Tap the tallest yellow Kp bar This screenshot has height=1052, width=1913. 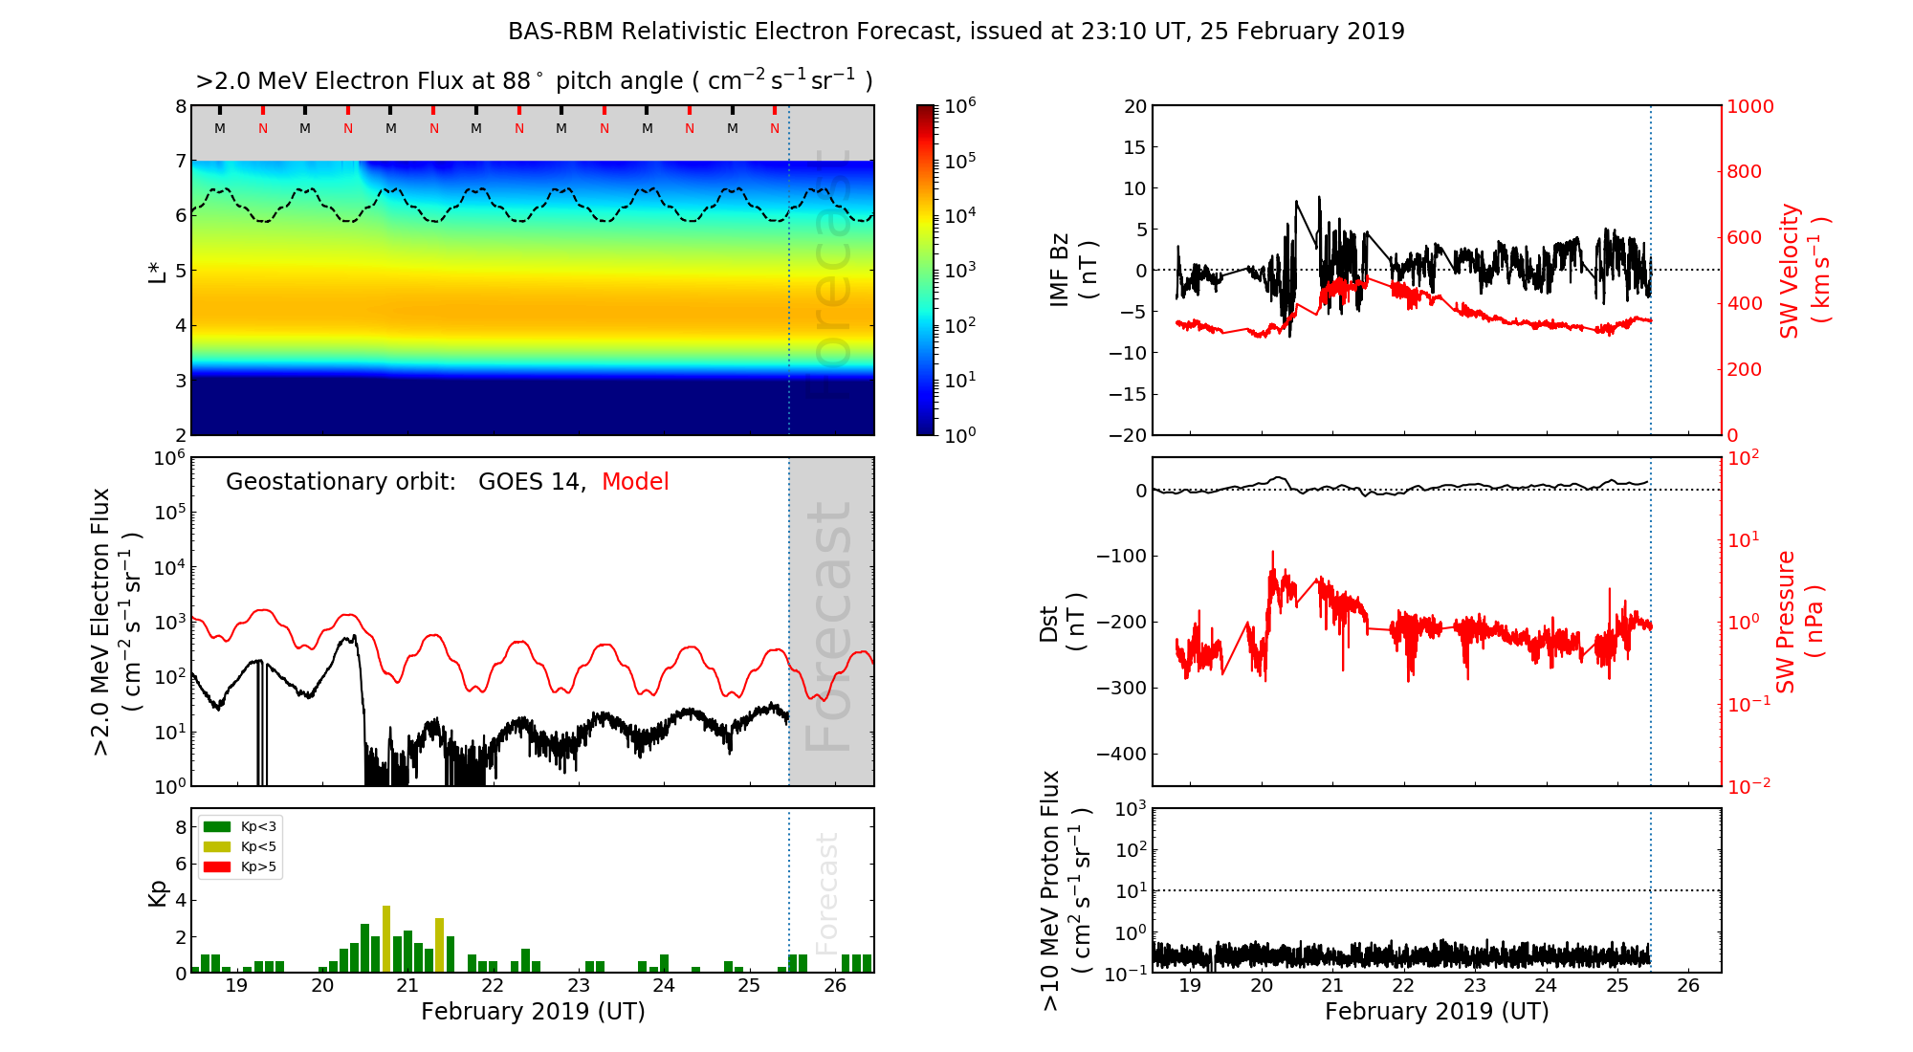point(386,937)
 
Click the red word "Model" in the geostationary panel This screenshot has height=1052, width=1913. point(635,482)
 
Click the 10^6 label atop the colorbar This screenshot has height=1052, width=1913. point(960,105)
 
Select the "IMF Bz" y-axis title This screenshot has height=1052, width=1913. point(1060,270)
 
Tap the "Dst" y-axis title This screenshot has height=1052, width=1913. point(1049,623)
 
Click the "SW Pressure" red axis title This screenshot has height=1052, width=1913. point(1786,622)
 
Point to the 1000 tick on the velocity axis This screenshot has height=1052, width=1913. point(1749,106)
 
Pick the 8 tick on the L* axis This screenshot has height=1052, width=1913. point(180,106)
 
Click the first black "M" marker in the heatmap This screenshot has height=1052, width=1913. point(220,128)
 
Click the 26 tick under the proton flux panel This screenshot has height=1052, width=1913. point(1688,986)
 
